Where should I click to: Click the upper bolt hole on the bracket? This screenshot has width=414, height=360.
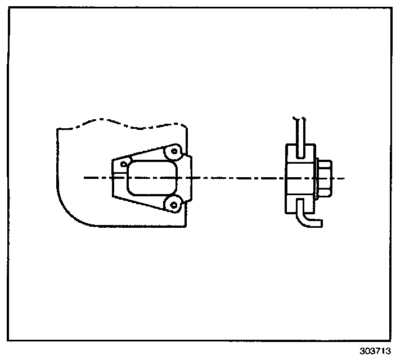click(174, 151)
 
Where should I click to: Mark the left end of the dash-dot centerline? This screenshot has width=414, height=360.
click(85, 178)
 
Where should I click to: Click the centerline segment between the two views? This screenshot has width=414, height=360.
click(236, 178)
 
